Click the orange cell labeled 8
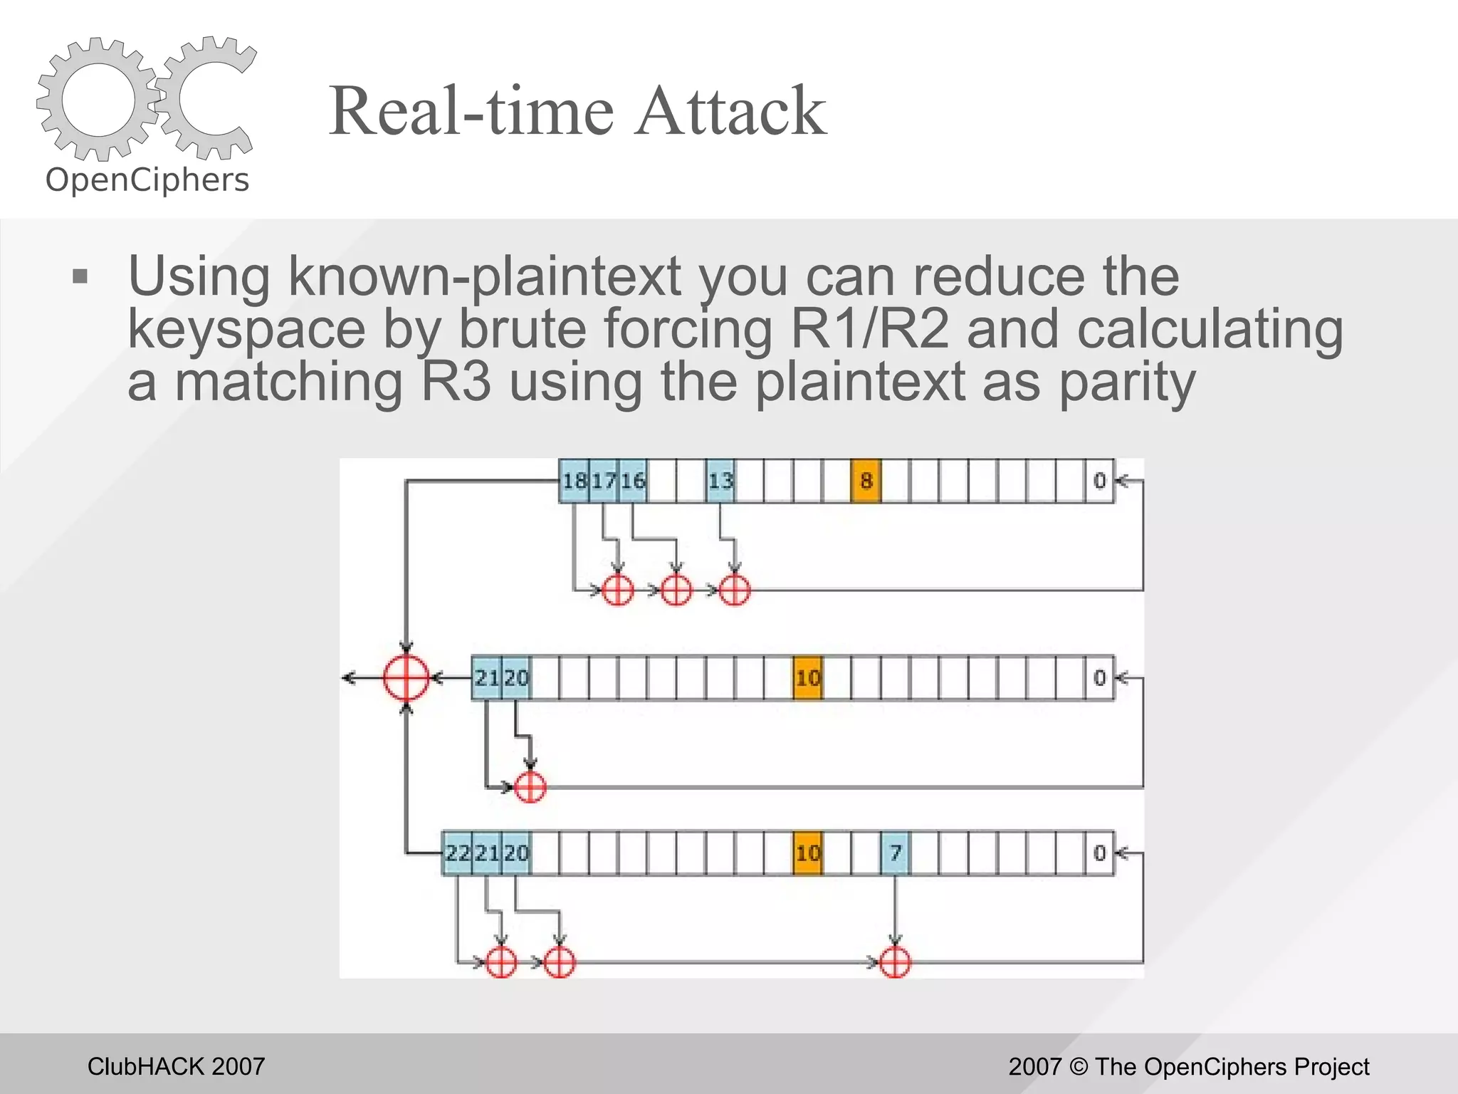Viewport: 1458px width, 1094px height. click(x=866, y=481)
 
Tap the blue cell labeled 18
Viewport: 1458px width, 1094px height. click(x=574, y=481)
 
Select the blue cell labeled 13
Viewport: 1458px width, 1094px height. click(x=720, y=481)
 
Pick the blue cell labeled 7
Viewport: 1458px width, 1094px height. click(x=895, y=853)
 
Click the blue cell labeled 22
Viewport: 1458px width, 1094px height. click(x=457, y=853)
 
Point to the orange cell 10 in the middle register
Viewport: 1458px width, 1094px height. click(x=807, y=677)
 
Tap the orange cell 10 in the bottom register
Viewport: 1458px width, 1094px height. click(x=807, y=853)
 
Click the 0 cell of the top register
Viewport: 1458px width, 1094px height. click(x=1099, y=481)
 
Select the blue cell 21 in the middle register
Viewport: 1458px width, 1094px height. click(x=486, y=677)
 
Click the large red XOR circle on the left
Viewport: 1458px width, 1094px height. click(x=406, y=677)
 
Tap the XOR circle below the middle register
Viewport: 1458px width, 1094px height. click(x=530, y=787)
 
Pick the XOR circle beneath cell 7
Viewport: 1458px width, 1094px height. click(x=895, y=963)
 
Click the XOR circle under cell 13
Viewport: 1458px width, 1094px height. click(x=734, y=590)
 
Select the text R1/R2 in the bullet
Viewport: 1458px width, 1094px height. click(x=869, y=329)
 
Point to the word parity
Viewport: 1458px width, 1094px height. click(x=1127, y=382)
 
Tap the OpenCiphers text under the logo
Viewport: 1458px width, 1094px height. click(x=147, y=180)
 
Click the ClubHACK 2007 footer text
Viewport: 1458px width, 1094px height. click(x=176, y=1066)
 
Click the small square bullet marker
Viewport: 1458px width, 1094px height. click(x=80, y=276)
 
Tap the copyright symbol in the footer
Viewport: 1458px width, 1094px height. click(x=1078, y=1067)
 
